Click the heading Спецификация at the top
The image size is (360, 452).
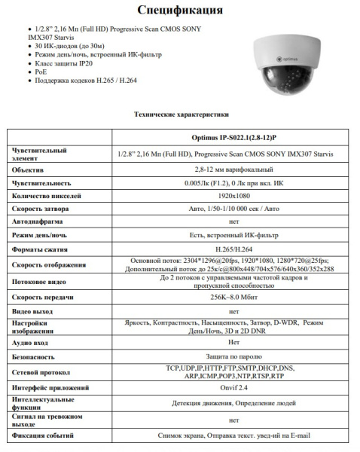180,11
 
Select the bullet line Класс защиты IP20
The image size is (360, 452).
69,64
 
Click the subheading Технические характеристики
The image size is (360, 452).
181,115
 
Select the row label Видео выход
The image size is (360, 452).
35,310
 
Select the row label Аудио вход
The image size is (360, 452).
35,342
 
